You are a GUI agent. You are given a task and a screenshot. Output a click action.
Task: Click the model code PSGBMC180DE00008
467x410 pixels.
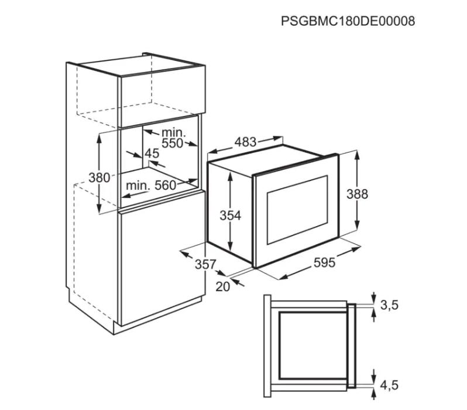pyautogui.click(x=348, y=22)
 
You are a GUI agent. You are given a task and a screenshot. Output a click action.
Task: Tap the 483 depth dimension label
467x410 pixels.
pyautogui.click(x=245, y=142)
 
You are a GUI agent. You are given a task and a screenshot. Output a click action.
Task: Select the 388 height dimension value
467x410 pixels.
pyautogui.click(x=357, y=194)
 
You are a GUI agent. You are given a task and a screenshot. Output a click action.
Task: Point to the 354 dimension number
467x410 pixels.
pyautogui.click(x=230, y=216)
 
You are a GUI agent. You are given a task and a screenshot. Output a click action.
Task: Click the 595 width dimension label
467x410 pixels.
pyautogui.click(x=324, y=263)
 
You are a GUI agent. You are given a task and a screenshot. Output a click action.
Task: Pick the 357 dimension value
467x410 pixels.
pyautogui.click(x=205, y=264)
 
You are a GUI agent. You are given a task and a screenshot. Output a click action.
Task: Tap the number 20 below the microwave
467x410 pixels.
pyautogui.click(x=223, y=287)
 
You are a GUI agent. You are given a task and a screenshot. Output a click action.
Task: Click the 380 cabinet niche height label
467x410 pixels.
pyautogui.click(x=99, y=177)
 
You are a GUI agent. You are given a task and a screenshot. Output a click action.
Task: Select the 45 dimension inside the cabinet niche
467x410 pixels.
pyautogui.click(x=152, y=153)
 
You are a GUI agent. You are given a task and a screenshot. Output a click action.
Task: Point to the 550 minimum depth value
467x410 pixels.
pyautogui.click(x=173, y=143)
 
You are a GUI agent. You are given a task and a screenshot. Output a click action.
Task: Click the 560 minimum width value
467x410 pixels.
pyautogui.click(x=166, y=186)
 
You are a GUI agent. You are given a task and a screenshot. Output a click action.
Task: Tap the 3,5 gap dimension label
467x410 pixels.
pyautogui.click(x=389, y=305)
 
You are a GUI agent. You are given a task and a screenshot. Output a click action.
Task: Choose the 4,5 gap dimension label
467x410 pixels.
pyautogui.click(x=389, y=385)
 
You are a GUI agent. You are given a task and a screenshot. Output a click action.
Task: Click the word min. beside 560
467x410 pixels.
pyautogui.click(x=138, y=186)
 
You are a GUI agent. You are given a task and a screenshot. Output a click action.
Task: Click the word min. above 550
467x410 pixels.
pyautogui.click(x=174, y=132)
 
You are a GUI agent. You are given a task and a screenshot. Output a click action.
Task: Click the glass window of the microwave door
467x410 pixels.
pyautogui.click(x=297, y=210)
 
